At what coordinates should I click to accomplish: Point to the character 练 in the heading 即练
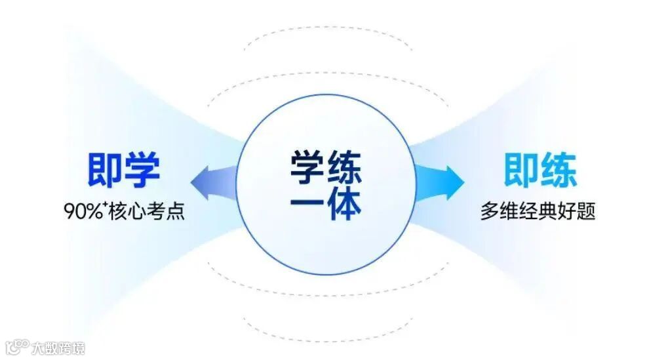pos(559,170)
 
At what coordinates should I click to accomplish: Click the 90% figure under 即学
pos(82,212)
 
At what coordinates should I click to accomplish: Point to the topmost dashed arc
pos(328,31)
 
